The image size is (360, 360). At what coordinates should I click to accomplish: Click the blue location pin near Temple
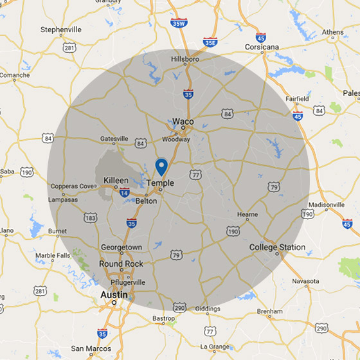pos(161,166)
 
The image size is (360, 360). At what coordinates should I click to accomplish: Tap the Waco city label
pos(183,122)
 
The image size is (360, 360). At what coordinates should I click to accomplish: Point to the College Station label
pos(277,247)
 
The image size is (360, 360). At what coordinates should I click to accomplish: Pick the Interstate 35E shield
pos(210,42)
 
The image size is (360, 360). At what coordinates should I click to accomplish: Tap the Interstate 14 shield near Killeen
pos(123,192)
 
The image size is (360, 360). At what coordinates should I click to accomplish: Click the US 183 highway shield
pos(91,218)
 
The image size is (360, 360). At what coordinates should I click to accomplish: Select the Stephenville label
pos(61,30)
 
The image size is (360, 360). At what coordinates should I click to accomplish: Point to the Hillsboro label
pos(185,59)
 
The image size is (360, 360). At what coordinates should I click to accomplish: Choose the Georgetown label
pos(122,247)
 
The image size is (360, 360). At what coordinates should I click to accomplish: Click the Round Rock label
pos(120,264)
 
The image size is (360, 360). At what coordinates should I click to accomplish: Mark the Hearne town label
pos(247,215)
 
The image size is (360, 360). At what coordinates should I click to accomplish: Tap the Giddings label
pos(208,308)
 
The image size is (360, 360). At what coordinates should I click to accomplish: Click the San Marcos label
pos(87,348)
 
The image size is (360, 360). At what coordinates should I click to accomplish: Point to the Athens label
pos(332,32)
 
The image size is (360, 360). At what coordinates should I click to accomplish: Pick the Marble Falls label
pos(54,255)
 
